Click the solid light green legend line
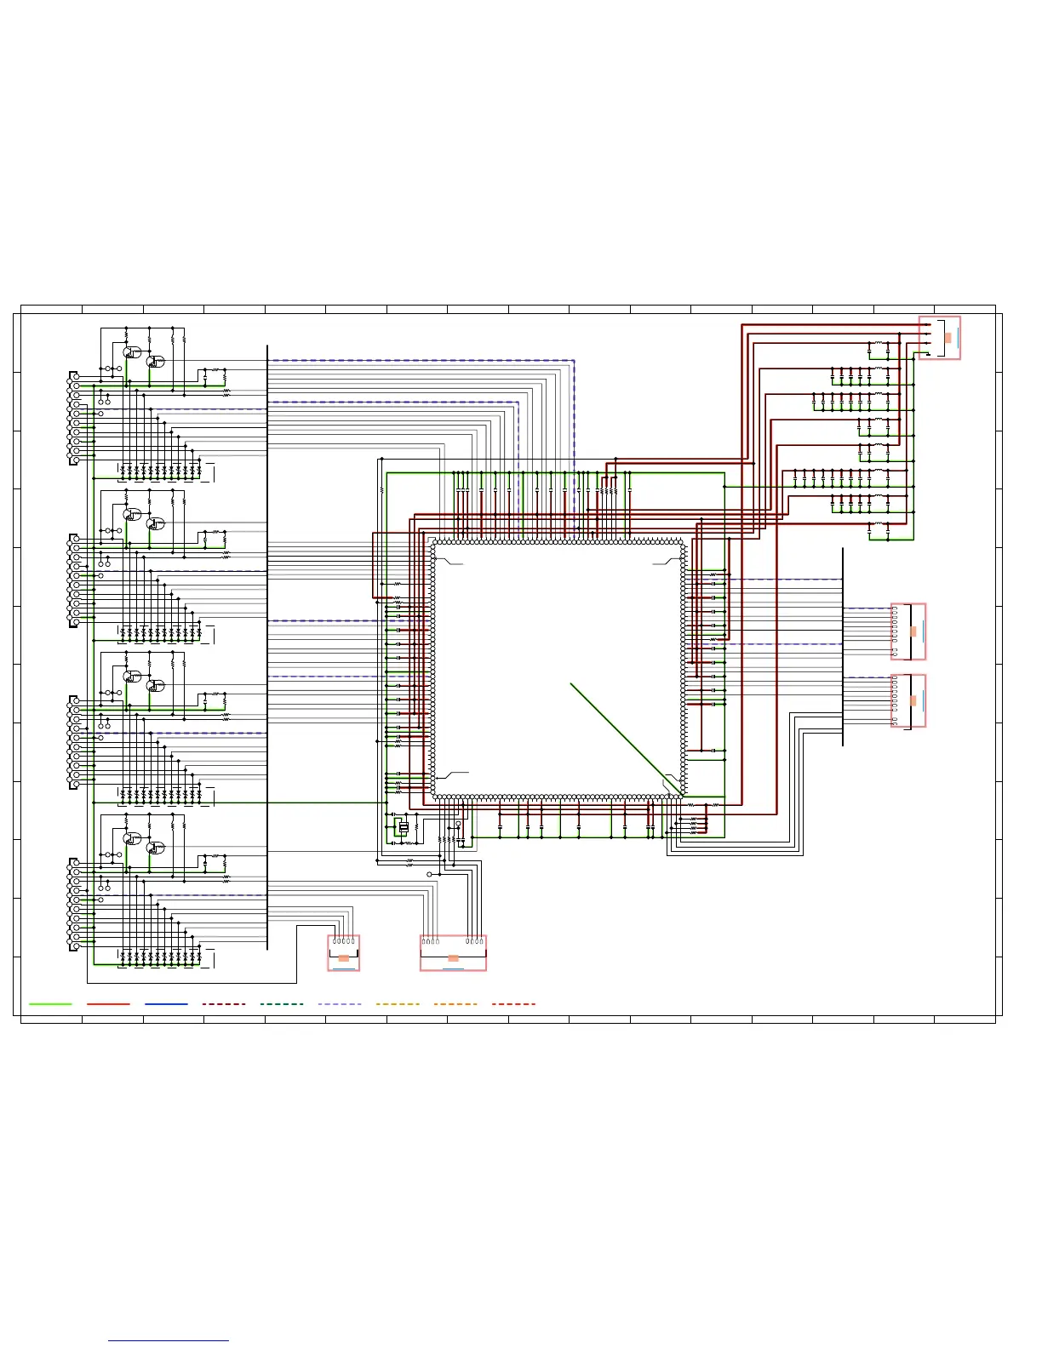tap(50, 1004)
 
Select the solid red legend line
tap(108, 1004)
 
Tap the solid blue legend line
tap(166, 1004)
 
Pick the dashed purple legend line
tap(340, 1004)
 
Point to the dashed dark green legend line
tap(282, 1004)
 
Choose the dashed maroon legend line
tap(224, 1004)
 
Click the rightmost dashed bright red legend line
tap(513, 1004)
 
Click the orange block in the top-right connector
tap(948, 338)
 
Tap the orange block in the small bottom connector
tap(344, 958)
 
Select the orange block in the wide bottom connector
tap(453, 958)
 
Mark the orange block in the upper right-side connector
tap(913, 631)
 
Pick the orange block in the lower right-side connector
tap(913, 700)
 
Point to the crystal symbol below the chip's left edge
tap(404, 827)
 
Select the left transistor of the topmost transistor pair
tap(130, 352)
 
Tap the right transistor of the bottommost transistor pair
tap(154, 848)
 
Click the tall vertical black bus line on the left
tap(267, 647)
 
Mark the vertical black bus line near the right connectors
tap(843, 647)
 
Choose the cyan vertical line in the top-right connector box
tap(958, 338)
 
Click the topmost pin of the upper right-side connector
tap(895, 609)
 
